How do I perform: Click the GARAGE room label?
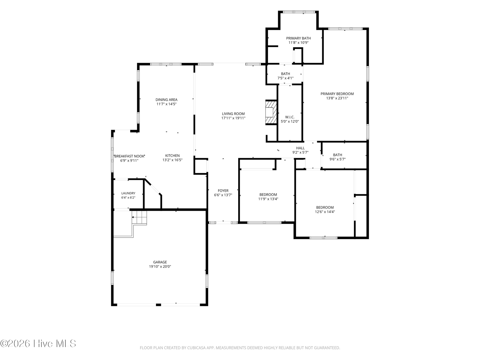160,262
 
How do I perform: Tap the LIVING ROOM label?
233,114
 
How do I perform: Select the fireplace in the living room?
271,112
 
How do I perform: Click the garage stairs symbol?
139,217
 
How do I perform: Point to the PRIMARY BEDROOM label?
337,94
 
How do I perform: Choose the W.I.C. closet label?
290,117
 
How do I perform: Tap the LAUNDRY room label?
128,193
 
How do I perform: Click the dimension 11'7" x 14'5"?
166,104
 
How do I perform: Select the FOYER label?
223,190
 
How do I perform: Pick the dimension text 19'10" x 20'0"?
160,266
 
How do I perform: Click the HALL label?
301,148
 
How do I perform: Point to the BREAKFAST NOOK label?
129,156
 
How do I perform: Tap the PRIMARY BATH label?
298,38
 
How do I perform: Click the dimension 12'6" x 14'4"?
325,211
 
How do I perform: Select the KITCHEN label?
172,155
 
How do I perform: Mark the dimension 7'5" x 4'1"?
285,78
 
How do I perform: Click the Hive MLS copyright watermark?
38,343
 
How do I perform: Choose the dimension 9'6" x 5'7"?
337,159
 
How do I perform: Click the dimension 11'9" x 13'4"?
268,199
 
